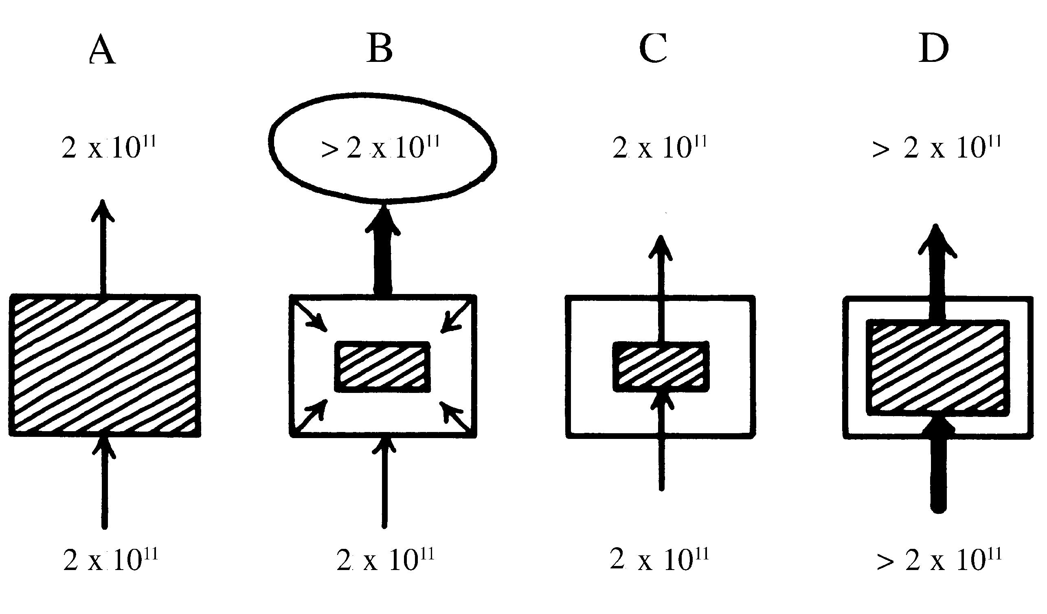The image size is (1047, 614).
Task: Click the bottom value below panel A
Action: [110, 559]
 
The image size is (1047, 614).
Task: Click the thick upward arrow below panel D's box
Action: [938, 469]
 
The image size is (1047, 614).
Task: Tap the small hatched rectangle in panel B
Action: [383, 367]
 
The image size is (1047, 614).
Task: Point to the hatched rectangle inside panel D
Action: [938, 368]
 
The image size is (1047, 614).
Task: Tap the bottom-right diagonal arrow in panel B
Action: [455, 416]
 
